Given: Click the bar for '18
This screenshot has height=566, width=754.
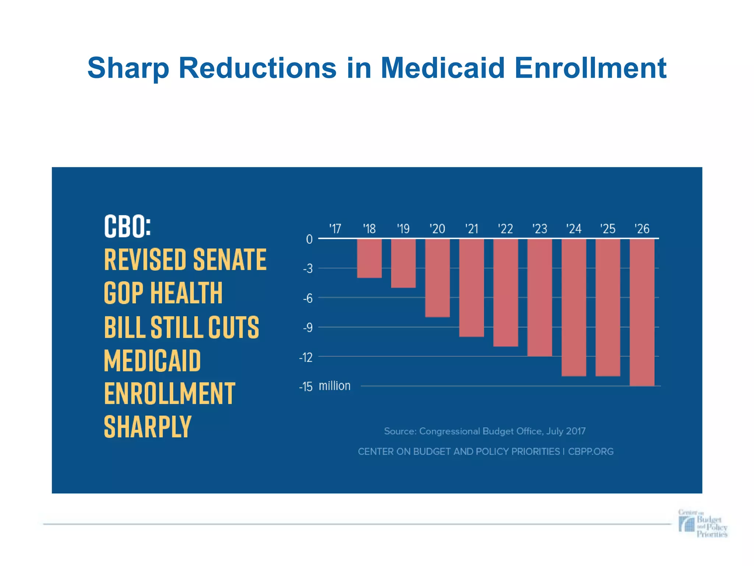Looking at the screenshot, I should pyautogui.click(x=369, y=258).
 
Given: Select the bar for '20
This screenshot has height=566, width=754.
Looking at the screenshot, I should pyautogui.click(x=437, y=278).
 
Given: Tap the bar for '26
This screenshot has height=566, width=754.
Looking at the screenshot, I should pyautogui.click(x=642, y=312).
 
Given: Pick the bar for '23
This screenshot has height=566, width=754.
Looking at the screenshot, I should pyautogui.click(x=539, y=297).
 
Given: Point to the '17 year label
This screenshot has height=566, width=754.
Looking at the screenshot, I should pyautogui.click(x=335, y=229).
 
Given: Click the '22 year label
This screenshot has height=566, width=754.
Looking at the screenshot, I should pyautogui.click(x=505, y=229).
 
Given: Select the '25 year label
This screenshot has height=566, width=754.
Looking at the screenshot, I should pyautogui.click(x=608, y=229).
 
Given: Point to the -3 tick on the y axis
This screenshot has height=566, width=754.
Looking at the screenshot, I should pyautogui.click(x=308, y=269).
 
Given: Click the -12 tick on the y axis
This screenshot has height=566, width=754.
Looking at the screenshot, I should pyautogui.click(x=306, y=357).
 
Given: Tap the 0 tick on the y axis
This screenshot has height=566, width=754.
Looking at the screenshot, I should pyautogui.click(x=309, y=240).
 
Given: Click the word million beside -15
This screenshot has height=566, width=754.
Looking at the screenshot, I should pyautogui.click(x=334, y=386).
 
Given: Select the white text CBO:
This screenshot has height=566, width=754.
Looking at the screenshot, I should pyautogui.click(x=127, y=226).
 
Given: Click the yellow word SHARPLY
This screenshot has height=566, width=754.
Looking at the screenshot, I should pyautogui.click(x=148, y=427).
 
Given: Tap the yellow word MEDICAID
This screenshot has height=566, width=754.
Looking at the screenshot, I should pyautogui.click(x=152, y=360).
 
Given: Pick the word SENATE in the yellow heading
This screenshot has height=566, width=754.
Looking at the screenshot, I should pyautogui.click(x=230, y=260).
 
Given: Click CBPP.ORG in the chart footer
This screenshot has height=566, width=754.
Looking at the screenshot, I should pyautogui.click(x=591, y=451).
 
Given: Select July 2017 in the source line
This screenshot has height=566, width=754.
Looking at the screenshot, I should pyautogui.click(x=566, y=431).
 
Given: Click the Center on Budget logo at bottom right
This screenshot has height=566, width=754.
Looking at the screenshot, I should pyautogui.click(x=702, y=524).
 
